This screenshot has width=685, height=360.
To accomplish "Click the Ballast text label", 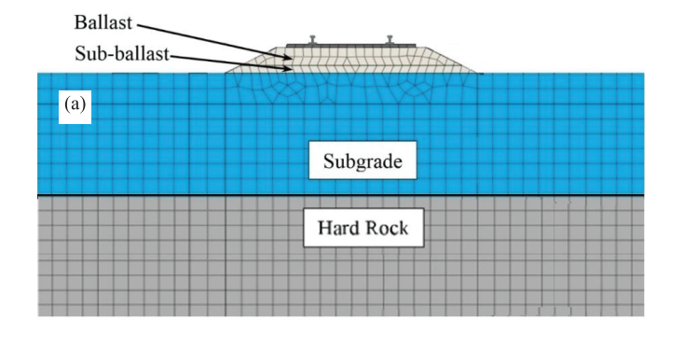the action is pos(103,22).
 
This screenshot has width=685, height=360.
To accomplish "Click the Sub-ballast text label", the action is pos(122,54).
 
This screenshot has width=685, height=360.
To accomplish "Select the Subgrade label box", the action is pos(363,160).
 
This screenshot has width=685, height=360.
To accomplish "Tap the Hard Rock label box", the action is pos(363,228).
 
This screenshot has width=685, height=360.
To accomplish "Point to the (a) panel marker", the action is pos(75,105).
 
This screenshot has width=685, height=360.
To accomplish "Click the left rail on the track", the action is pos(313,40).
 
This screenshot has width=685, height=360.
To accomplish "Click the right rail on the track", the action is pos(390,40).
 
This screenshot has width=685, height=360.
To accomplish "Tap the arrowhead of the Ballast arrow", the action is pos(288,57).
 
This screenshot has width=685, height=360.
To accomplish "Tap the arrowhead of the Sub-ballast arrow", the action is pos(288,68).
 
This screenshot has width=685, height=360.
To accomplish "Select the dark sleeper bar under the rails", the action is pos(350,46).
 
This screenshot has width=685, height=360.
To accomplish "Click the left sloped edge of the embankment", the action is pos(250,60).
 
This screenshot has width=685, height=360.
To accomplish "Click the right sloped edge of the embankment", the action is pos(451,60).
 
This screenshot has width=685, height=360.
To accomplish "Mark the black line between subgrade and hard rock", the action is pos(341,195).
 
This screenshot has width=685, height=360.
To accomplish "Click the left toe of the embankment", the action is pos(225,73).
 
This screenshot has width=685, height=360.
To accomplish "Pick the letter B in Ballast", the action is pos(79,22).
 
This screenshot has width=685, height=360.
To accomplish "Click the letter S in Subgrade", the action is pos(328,160).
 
